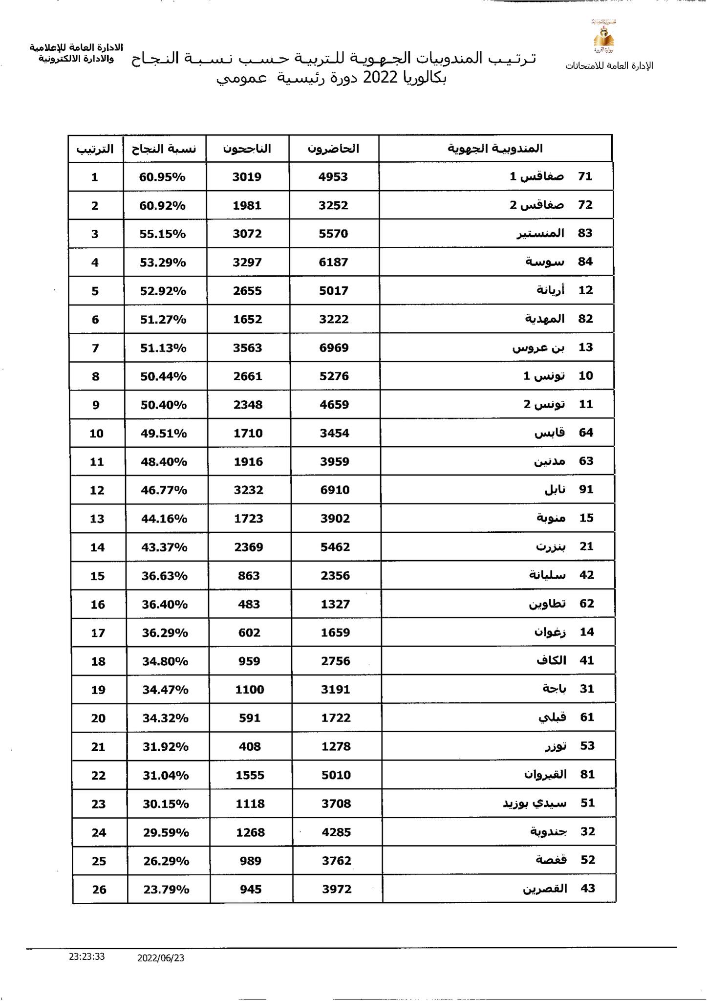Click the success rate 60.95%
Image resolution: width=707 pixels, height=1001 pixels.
(x=162, y=177)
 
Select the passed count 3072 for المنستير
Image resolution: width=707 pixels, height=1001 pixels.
(x=247, y=234)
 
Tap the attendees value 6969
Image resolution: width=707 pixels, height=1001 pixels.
(x=334, y=348)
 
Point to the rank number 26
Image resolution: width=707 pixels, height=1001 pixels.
(x=99, y=890)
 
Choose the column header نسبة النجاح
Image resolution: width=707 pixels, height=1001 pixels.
(x=164, y=149)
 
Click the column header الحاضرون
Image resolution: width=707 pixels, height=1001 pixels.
(x=333, y=149)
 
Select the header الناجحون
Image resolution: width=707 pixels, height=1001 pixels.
(x=247, y=149)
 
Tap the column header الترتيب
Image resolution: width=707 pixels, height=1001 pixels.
(x=95, y=149)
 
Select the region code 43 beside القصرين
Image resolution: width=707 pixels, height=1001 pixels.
(x=587, y=889)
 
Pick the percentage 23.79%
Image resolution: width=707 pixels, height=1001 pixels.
(x=166, y=890)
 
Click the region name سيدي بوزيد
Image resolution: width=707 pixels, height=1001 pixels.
(x=535, y=804)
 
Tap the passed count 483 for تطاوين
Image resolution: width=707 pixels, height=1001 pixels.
(x=249, y=605)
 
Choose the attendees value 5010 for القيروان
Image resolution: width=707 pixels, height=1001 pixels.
(x=336, y=775)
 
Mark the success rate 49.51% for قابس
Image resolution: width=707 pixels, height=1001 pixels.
(x=164, y=434)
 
